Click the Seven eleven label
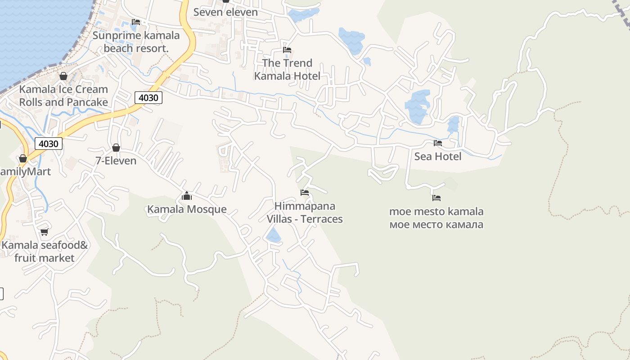click(225, 12)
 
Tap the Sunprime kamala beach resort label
click(136, 42)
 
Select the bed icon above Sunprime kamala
click(136, 22)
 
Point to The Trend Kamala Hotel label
click(287, 69)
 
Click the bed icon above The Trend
click(287, 49)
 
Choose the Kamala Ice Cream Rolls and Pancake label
click(63, 95)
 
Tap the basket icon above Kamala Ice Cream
click(63, 76)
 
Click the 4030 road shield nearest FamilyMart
click(49, 144)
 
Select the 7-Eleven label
click(116, 161)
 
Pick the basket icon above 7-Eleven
click(116, 148)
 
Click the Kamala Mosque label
click(187, 209)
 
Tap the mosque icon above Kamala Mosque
click(187, 196)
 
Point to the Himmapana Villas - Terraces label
click(305, 212)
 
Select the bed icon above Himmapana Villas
click(305, 193)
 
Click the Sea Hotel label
click(438, 157)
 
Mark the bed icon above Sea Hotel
click(438, 143)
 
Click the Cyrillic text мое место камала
click(436, 224)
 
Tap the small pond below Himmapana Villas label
click(273, 235)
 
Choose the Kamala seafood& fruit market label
click(44, 252)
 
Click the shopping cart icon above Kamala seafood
click(44, 232)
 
